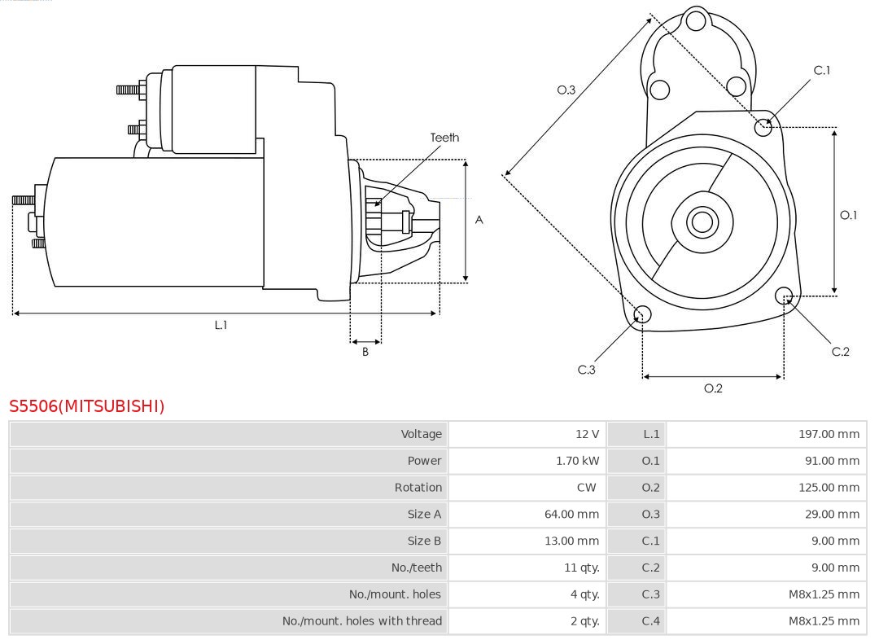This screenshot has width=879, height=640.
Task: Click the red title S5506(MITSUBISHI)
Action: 87,405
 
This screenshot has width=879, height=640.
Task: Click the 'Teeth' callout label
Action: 444,138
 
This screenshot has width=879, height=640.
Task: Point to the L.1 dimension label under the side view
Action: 221,325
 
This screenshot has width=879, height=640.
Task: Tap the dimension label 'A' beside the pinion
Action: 479,220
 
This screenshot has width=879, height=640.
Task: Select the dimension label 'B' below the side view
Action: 365,352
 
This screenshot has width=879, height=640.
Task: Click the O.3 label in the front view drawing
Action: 566,90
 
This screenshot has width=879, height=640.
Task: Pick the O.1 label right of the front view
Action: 848,215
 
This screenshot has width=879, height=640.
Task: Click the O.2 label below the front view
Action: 713,388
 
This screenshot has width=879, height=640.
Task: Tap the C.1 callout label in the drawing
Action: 822,70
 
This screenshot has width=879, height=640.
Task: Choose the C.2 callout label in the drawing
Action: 840,351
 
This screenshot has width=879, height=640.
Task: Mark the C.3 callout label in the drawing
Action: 587,370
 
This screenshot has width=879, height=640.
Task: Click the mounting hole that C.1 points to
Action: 763,126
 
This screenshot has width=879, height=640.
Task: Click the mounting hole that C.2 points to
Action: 785,295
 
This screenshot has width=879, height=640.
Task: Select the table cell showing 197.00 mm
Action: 829,434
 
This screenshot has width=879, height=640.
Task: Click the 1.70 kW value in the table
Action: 577,461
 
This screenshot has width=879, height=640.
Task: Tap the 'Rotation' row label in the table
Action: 418,488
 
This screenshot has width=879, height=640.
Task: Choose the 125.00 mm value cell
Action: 829,488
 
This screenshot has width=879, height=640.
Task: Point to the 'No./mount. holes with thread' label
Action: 362,620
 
